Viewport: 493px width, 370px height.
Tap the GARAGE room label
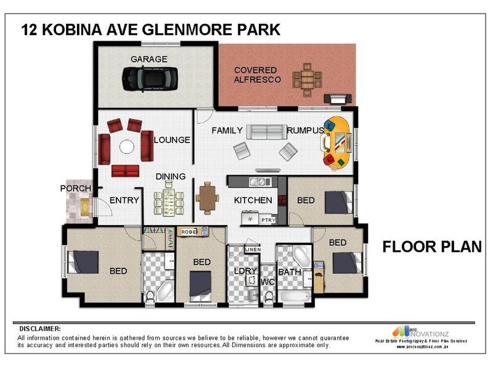coord(149,59)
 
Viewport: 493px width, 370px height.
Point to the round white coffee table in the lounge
coord(127,147)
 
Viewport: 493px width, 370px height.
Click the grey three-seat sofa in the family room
coord(266,131)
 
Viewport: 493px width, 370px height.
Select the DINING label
coord(170,177)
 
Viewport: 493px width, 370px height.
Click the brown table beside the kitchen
coord(207,198)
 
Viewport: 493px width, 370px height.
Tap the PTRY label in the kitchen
coord(268,220)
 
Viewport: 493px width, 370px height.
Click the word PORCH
coord(76,188)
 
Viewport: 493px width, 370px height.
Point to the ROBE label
coord(188,232)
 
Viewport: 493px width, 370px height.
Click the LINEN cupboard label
coord(253,249)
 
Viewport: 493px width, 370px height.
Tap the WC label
coord(267,282)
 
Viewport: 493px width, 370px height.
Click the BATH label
coord(289,271)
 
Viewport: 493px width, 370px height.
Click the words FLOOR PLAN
coord(431,247)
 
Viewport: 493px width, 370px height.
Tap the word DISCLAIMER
coord(40,329)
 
